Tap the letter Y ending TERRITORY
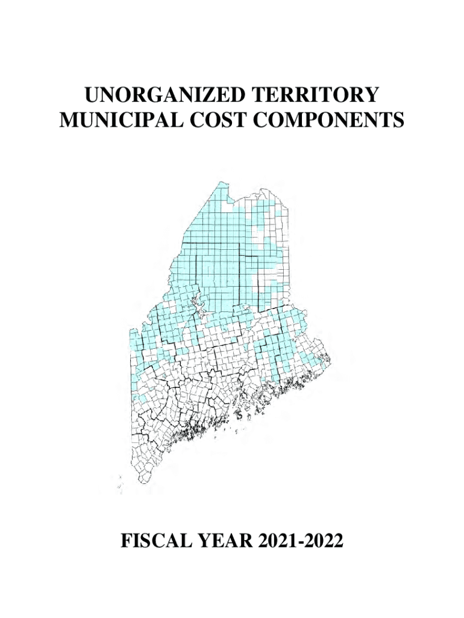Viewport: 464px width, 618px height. pyautogui.click(x=372, y=96)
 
